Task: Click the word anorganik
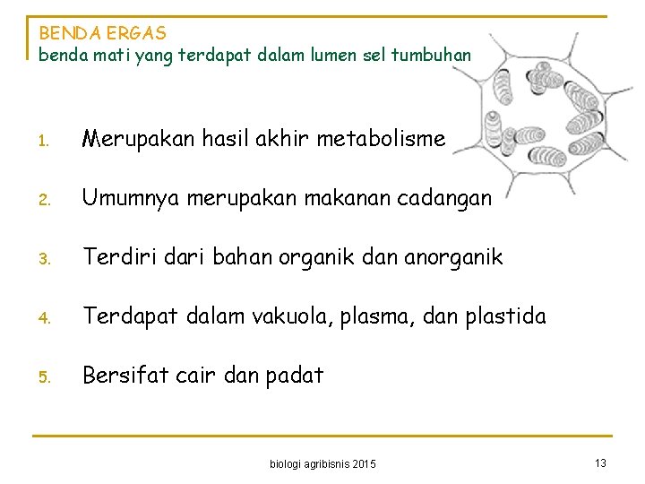point(442,257)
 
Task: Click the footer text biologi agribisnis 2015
point(323,463)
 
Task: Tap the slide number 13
point(600,462)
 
